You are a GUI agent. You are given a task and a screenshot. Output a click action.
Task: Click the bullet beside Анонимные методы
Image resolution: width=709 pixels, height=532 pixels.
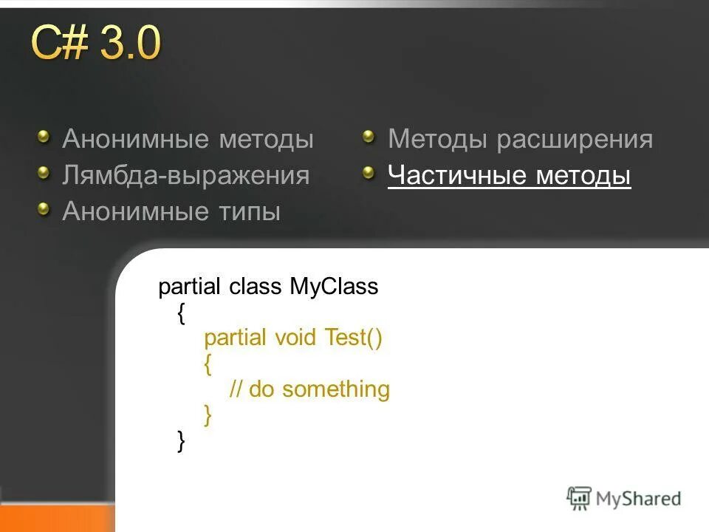pyautogui.click(x=46, y=136)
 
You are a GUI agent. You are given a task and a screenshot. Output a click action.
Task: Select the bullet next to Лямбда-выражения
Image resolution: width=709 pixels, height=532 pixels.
pyautogui.click(x=46, y=173)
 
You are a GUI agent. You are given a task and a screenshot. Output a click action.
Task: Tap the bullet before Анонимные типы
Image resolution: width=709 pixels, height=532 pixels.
pyautogui.click(x=46, y=209)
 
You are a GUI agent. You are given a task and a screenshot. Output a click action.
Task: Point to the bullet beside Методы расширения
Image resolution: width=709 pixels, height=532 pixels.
pyautogui.click(x=369, y=136)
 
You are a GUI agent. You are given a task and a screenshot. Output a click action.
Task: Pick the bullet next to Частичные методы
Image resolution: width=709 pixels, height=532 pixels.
pyautogui.click(x=369, y=173)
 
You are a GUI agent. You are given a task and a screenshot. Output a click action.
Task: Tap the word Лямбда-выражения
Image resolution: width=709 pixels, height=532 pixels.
pyautogui.click(x=185, y=176)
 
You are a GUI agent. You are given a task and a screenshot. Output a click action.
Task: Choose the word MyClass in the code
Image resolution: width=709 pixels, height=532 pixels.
pyautogui.click(x=334, y=287)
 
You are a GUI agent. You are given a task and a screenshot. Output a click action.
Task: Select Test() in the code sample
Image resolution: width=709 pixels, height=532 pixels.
pyautogui.click(x=354, y=338)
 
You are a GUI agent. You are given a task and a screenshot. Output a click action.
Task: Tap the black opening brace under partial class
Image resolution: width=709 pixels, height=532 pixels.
pyautogui.click(x=182, y=313)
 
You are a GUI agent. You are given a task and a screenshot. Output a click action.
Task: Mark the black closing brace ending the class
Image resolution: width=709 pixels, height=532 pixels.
pyautogui.click(x=182, y=441)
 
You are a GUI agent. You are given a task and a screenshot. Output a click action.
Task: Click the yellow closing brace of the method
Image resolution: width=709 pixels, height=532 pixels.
pyautogui.click(x=208, y=415)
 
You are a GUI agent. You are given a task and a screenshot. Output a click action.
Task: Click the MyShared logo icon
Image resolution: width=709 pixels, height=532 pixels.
pyautogui.click(x=579, y=498)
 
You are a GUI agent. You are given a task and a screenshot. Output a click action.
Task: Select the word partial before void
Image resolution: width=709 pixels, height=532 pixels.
pyautogui.click(x=236, y=338)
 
